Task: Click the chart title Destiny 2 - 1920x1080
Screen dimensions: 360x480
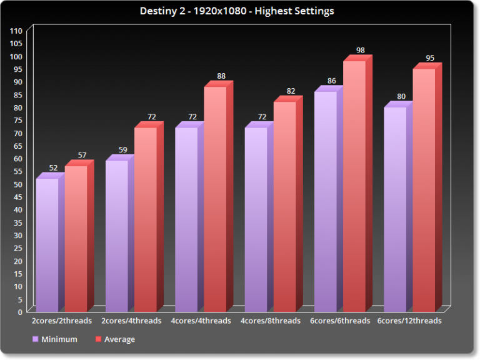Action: click(x=241, y=11)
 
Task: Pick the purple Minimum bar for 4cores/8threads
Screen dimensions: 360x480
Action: click(x=256, y=219)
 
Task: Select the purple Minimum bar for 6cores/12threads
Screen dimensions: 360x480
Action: click(x=395, y=209)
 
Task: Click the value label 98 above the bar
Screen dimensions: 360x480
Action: click(x=360, y=50)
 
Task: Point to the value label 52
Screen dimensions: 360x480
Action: click(x=53, y=168)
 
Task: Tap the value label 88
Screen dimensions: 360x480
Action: click(x=221, y=76)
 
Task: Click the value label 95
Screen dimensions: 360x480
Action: click(x=429, y=58)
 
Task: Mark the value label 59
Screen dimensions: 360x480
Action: click(x=122, y=150)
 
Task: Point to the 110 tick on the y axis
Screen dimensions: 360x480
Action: click(x=16, y=31)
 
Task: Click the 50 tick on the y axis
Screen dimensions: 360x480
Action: click(x=18, y=184)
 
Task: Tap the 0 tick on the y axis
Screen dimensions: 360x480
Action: click(x=20, y=312)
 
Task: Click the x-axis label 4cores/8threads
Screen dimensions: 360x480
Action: click(x=271, y=321)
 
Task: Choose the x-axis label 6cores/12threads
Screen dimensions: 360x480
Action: click(x=409, y=321)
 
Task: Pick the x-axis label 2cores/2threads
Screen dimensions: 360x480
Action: click(x=62, y=321)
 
